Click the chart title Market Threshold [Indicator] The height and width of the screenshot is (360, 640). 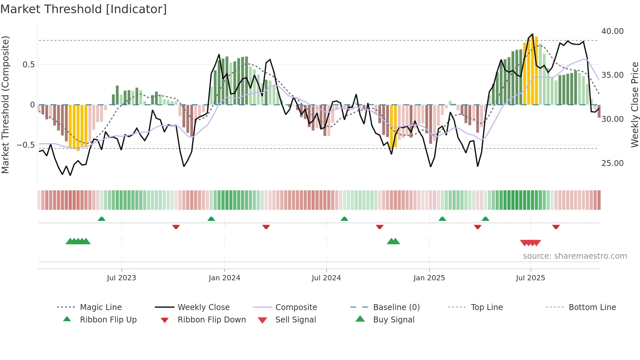(x=84, y=9)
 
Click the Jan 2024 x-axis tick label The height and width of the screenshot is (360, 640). (x=224, y=278)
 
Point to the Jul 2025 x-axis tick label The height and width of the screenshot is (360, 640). (x=530, y=278)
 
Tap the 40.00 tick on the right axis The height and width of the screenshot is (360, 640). (x=612, y=31)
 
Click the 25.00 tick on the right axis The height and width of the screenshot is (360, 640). (x=612, y=163)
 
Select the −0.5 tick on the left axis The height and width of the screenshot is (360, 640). (x=25, y=145)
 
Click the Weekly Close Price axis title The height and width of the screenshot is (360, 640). (x=634, y=105)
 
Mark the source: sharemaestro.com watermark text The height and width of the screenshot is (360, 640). (x=575, y=256)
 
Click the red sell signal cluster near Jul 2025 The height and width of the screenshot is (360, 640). (x=530, y=243)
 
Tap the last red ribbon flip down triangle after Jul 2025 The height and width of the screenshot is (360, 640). (x=556, y=227)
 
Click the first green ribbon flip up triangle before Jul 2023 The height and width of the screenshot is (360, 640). (x=102, y=219)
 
